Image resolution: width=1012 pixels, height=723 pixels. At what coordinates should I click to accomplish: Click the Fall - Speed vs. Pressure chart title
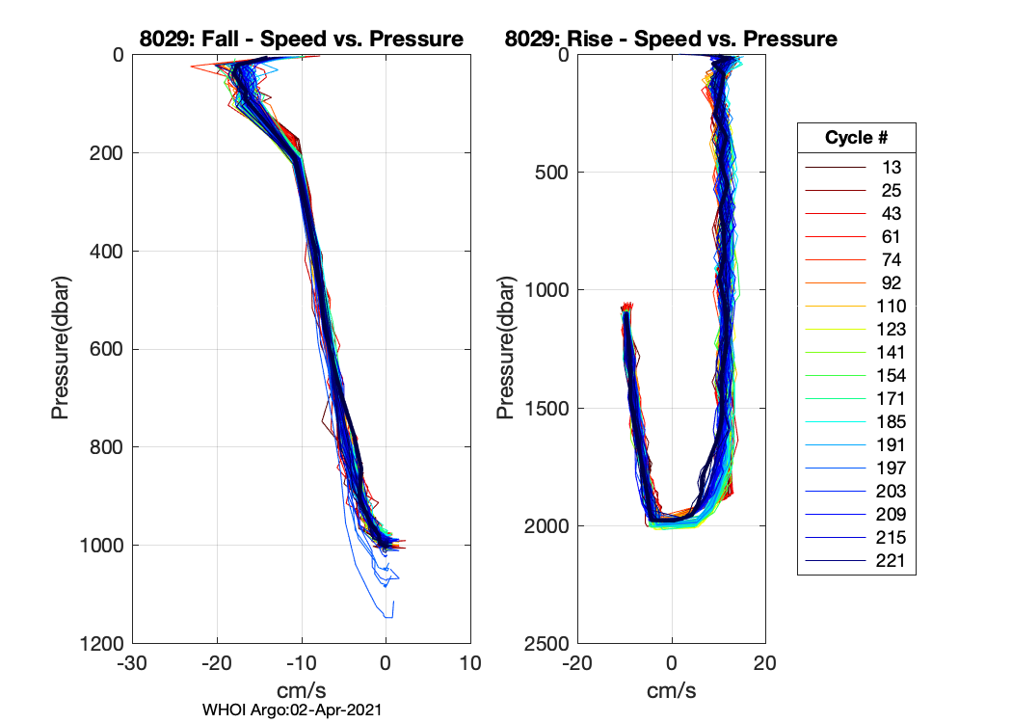[302, 40]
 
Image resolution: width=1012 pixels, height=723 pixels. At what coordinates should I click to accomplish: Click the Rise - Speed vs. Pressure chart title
[671, 40]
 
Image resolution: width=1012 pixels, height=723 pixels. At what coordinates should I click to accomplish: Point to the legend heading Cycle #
[856, 138]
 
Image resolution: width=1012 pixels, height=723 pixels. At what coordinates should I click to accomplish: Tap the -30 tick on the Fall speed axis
[132, 664]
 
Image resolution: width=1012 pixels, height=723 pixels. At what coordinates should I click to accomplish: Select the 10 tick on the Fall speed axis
[470, 664]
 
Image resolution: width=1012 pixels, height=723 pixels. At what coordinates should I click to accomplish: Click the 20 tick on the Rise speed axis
[764, 664]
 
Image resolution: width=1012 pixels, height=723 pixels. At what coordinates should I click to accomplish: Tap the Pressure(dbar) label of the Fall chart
[61, 349]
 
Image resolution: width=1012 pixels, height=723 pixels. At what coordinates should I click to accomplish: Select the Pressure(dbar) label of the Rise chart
[505, 349]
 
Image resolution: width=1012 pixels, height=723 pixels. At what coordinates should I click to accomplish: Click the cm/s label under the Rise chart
[672, 690]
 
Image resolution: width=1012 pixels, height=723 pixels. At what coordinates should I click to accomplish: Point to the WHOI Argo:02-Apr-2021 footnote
[293, 710]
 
